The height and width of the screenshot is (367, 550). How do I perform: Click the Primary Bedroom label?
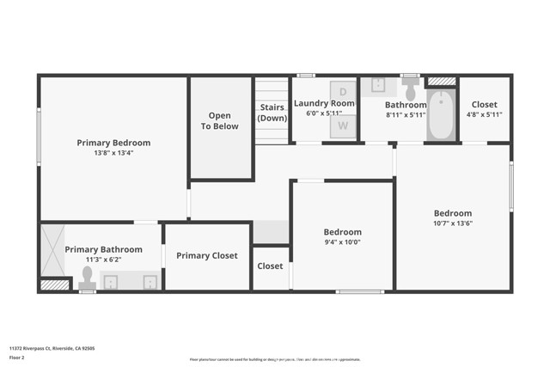113,143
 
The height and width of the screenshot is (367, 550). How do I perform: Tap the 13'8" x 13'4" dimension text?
113,153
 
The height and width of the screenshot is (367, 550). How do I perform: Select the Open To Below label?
220,120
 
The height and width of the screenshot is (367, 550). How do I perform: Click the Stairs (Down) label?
272,112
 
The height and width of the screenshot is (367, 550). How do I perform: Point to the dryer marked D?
343,91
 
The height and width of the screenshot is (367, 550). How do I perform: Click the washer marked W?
343,125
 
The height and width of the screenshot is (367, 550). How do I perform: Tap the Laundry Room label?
324,103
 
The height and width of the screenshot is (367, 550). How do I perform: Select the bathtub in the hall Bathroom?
441,117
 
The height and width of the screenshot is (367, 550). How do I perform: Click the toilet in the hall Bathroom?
410,89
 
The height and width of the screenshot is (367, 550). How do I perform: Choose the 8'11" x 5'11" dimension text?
406,114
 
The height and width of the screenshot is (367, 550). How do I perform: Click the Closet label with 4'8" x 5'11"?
485,105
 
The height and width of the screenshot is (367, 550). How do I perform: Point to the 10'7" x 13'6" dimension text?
452,223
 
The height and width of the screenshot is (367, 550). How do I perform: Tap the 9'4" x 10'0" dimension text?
342,242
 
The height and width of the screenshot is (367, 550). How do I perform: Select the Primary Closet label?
207,255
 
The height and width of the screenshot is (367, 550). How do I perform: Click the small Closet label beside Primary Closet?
270,266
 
